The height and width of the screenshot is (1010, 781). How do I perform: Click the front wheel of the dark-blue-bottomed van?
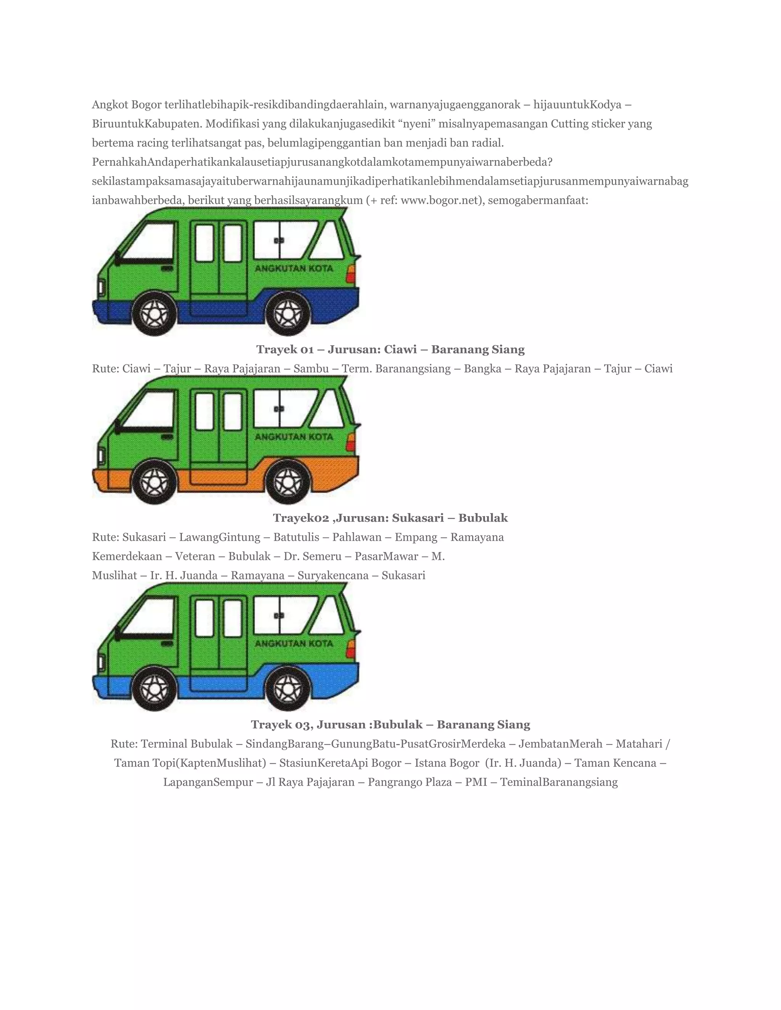click(154, 314)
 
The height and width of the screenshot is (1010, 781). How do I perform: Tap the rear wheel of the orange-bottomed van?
click(288, 483)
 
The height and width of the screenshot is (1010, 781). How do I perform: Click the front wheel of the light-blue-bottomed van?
click(154, 689)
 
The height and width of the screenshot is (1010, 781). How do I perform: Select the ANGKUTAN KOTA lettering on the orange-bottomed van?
click(294, 436)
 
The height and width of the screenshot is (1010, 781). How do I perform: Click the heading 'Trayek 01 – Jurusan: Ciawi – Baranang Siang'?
click(390, 349)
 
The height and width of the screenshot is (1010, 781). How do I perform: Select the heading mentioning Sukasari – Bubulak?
click(390, 518)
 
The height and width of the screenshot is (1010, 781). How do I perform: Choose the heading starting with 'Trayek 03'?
click(390, 725)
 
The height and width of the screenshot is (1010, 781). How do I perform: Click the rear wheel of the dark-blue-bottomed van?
click(288, 314)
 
